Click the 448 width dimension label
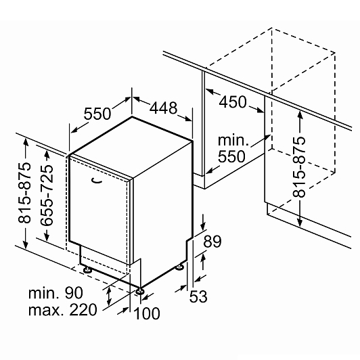pos(163,108)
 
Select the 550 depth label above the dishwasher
pos(97,114)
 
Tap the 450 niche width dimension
pos(233,102)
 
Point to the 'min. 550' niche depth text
pos(233,148)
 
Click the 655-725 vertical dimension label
pos(47,195)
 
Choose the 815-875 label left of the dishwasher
pos(24,192)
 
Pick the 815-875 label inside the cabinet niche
pos(299,166)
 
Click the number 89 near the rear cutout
pos(212,241)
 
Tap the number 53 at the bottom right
pos(198,296)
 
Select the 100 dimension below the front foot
pos(146,313)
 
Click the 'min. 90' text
pos(55,293)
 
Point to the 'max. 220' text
pos(63,310)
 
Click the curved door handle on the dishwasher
pos(96,181)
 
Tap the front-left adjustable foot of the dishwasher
pos(87,269)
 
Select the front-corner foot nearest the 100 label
pos(139,291)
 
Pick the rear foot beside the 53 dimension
pos(179,267)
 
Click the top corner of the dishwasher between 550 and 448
pos(132,116)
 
